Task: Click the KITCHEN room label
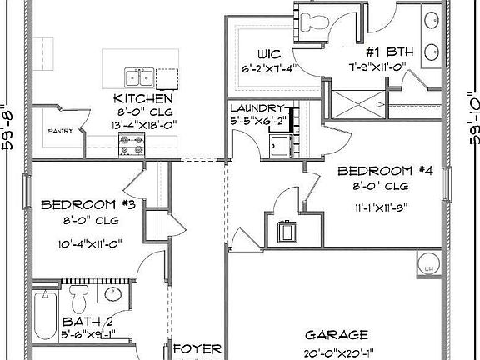143,99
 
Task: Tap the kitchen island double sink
139,78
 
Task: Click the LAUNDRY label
258,107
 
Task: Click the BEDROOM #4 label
373,171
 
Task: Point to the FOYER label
197,347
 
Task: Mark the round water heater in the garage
428,265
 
